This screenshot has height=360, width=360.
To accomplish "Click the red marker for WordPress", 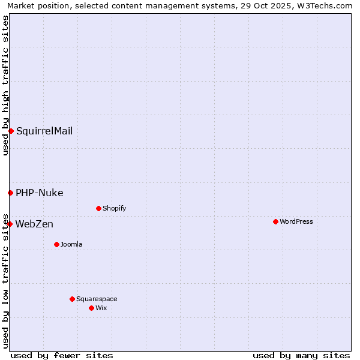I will [x=275, y=221].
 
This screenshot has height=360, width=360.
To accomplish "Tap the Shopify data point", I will [x=98, y=208].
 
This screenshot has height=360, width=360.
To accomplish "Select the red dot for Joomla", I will [x=56, y=244].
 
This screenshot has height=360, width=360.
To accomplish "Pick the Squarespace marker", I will [x=72, y=299].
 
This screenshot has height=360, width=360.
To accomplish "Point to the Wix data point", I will [x=91, y=308].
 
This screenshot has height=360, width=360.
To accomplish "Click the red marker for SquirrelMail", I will [x=11, y=131].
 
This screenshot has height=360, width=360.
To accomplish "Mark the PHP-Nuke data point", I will [x=10, y=193].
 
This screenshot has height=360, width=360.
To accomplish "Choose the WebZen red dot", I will [x=10, y=224].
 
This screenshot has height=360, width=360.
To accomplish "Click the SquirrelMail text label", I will [x=44, y=131].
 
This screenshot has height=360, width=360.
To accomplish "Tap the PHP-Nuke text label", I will [x=40, y=193].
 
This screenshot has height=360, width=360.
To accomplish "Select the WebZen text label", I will [x=34, y=224].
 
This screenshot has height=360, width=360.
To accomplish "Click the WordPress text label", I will [x=296, y=221].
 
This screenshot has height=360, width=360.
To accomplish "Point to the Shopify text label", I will [x=114, y=208].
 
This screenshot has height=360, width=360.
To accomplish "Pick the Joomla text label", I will [x=71, y=244].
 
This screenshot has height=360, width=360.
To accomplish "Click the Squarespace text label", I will [x=97, y=299].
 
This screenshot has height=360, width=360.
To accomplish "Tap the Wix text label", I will [x=101, y=308].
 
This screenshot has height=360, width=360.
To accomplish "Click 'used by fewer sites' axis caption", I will [x=62, y=355].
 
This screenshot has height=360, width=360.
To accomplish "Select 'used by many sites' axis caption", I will [x=301, y=355].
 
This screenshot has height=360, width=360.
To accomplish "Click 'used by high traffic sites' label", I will [x=5, y=85].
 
